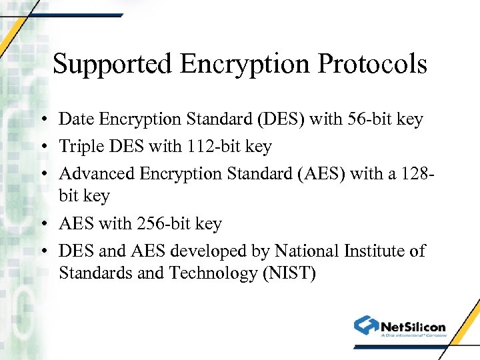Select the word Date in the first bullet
tap(75, 119)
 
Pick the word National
tap(307, 251)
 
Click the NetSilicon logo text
tap(413, 327)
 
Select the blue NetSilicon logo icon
tap(365, 325)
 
